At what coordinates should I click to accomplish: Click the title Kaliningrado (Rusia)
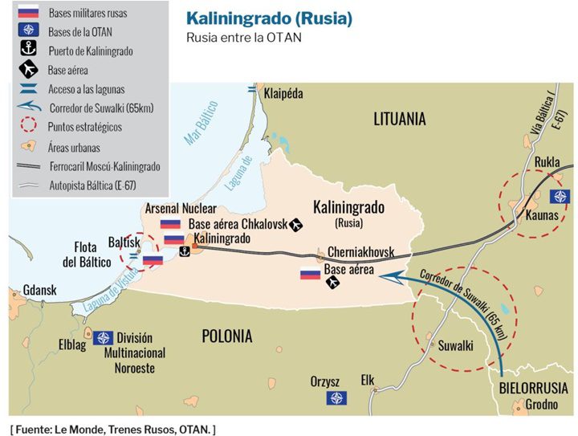tap(268, 18)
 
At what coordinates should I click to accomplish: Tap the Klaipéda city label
tap(283, 94)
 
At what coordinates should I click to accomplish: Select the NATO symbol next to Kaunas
tap(559, 197)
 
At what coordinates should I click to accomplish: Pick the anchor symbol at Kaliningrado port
tap(184, 252)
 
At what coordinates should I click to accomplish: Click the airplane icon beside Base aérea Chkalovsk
tap(295, 225)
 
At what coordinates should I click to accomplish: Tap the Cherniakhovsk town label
tap(360, 253)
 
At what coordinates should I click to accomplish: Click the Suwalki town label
tap(455, 346)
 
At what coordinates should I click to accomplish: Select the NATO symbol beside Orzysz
tap(336, 398)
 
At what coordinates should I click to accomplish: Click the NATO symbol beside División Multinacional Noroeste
tap(103, 338)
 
